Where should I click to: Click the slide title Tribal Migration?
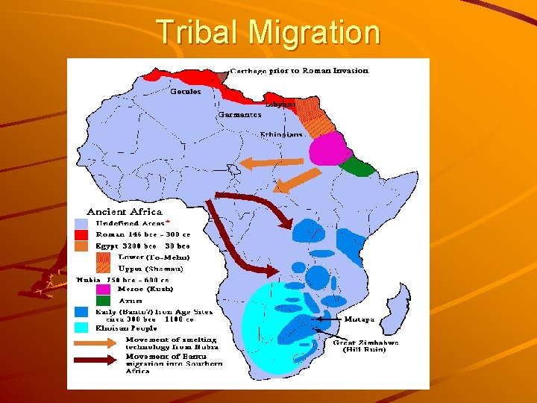point(268,32)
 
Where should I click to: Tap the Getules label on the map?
point(186,92)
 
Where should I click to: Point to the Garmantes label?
point(239,115)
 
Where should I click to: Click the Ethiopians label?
point(282,134)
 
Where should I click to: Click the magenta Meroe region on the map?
point(329,147)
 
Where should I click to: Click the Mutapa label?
point(359,319)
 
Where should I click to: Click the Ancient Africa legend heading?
point(125,212)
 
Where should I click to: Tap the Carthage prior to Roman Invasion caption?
point(298,71)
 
